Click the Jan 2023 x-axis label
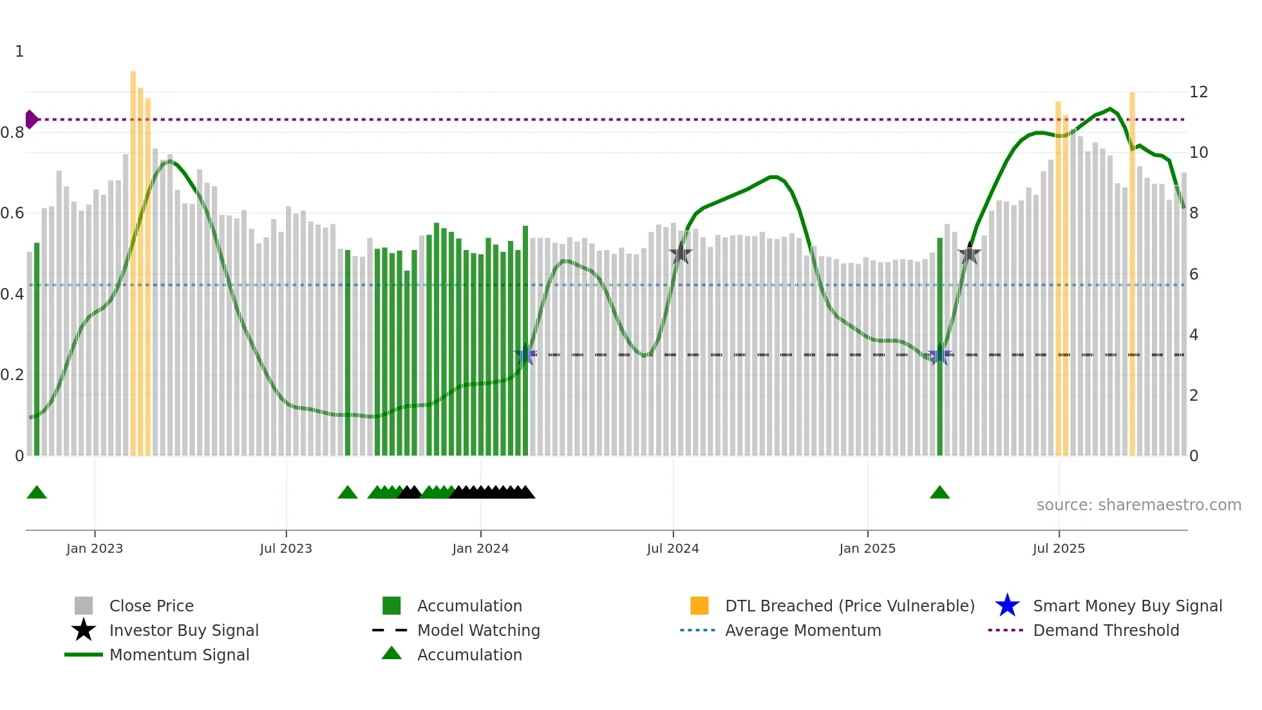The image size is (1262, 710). point(95,548)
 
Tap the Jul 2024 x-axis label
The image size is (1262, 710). point(673,548)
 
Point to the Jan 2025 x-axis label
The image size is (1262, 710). point(867,548)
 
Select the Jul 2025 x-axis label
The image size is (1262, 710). point(1059,548)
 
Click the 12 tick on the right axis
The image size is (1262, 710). point(1198,92)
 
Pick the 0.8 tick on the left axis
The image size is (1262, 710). point(12,133)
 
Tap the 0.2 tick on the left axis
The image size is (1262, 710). point(12,375)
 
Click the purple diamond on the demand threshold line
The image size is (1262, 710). point(31,119)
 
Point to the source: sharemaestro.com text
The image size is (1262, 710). point(1138,504)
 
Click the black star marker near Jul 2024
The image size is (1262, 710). point(681,254)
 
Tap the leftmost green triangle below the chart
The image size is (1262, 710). point(37,493)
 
